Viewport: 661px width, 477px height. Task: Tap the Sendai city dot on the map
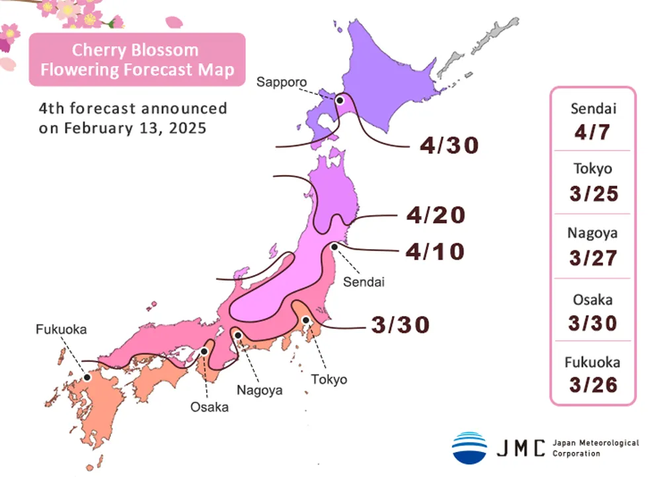(x=334, y=246)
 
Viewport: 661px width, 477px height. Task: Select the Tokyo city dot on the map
(x=306, y=320)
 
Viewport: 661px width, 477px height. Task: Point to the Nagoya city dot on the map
(x=237, y=336)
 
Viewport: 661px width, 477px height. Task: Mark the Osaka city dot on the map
(x=204, y=351)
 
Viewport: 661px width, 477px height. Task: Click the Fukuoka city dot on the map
(x=87, y=378)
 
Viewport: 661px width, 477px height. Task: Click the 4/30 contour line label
(x=449, y=145)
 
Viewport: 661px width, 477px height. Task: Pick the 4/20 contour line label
(x=436, y=215)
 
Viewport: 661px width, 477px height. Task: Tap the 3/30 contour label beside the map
(x=401, y=324)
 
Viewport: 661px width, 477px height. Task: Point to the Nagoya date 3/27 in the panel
(x=592, y=256)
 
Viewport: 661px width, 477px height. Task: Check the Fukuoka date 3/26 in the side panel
(x=592, y=385)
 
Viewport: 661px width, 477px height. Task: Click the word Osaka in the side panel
(x=592, y=299)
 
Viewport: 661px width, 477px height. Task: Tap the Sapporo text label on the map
(x=282, y=83)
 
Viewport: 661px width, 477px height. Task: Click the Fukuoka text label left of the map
(x=61, y=328)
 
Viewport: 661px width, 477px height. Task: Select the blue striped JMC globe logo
(x=469, y=447)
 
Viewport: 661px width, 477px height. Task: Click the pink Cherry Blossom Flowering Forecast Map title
(x=137, y=59)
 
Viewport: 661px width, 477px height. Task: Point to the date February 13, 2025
(x=122, y=128)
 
